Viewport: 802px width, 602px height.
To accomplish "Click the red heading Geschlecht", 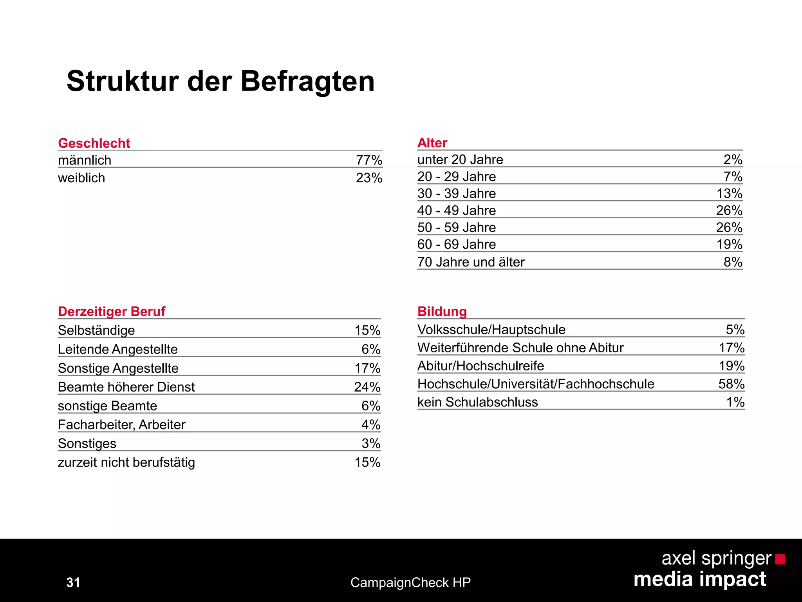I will pyautogui.click(x=94, y=143).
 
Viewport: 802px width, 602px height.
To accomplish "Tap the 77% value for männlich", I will pyautogui.click(x=369, y=160).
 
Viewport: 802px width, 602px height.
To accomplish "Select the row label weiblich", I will pyautogui.click(x=81, y=178).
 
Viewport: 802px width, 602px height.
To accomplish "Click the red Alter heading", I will pyautogui.click(x=432, y=143).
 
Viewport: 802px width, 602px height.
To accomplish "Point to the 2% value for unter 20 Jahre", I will pyautogui.click(x=733, y=160).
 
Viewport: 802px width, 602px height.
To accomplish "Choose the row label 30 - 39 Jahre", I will pyautogui.click(x=457, y=194).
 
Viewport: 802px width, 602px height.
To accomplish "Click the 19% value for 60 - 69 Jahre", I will pyautogui.click(x=729, y=245).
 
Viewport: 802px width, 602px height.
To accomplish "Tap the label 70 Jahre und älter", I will pyautogui.click(x=471, y=262).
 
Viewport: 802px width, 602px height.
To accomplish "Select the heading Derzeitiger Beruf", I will pyautogui.click(x=112, y=312).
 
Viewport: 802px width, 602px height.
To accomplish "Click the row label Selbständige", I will pyautogui.click(x=96, y=330).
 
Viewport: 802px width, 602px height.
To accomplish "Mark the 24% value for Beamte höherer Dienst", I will pyautogui.click(x=367, y=387).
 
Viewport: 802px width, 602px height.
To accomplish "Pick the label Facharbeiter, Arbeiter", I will pyautogui.click(x=122, y=425).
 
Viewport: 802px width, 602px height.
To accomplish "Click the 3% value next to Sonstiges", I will pyautogui.click(x=371, y=444).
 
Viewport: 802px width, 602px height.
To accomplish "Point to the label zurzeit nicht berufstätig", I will pyautogui.click(x=126, y=462).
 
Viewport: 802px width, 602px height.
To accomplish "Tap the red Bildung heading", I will pyautogui.click(x=442, y=312).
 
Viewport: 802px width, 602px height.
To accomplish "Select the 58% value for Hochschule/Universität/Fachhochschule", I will pyautogui.click(x=731, y=384).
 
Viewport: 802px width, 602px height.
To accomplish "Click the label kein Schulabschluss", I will pyautogui.click(x=478, y=402).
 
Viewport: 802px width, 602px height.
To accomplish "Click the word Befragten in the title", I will pyautogui.click(x=307, y=82).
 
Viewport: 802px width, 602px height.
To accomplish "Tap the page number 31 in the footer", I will pyautogui.click(x=73, y=582).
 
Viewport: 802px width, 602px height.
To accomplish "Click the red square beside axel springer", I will pyautogui.click(x=780, y=559).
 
